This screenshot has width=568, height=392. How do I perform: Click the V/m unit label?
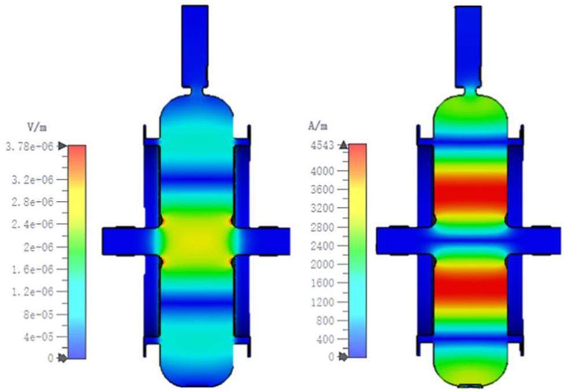[x=37, y=127]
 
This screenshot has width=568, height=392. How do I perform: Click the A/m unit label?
[x=318, y=125]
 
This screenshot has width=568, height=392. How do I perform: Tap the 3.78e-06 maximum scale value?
[x=29, y=147]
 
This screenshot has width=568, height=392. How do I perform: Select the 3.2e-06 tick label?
[x=32, y=180]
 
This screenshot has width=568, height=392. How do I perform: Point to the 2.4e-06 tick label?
[x=32, y=224]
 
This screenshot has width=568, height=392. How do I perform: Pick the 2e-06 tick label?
[x=38, y=247]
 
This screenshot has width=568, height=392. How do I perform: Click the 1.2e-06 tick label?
[x=32, y=292]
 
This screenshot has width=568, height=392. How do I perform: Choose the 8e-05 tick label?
[x=38, y=315]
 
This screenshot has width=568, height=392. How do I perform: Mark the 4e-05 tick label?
[x=38, y=337]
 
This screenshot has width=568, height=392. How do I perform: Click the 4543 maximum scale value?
[x=322, y=146]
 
